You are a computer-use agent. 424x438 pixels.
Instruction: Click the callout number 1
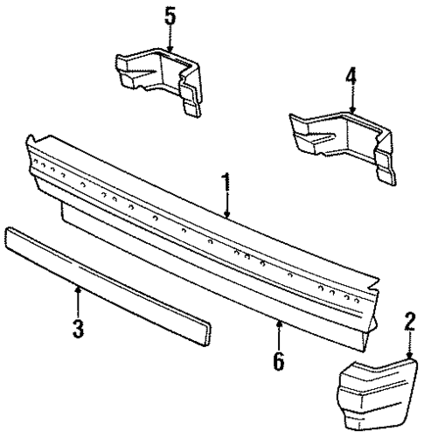[x=226, y=184]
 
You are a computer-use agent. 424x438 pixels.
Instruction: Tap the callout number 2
[x=407, y=321]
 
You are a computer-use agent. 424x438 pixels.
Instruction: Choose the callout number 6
[x=279, y=358]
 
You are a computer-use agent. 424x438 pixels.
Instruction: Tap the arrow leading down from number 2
[x=407, y=343]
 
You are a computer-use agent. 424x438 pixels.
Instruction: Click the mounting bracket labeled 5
[x=157, y=79]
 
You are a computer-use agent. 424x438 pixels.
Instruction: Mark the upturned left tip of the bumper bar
[x=32, y=143]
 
